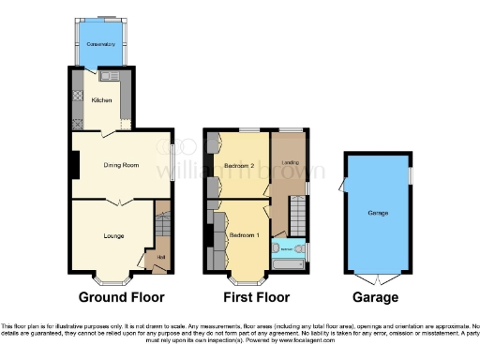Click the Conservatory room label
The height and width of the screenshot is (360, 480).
[x=99, y=44]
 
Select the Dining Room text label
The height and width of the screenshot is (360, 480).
[x=121, y=165]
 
